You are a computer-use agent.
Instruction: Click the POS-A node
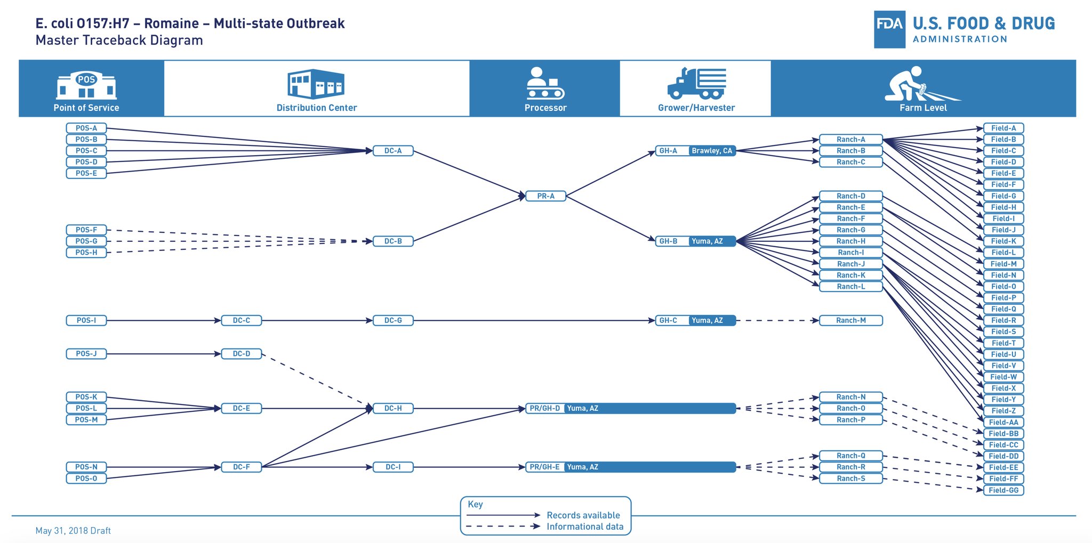click(86, 128)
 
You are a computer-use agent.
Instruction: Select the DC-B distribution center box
click(393, 241)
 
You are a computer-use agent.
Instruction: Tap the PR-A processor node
click(545, 196)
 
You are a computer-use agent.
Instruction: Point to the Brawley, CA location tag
click(712, 151)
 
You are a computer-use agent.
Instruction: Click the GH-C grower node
click(669, 321)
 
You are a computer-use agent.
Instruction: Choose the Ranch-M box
click(850, 321)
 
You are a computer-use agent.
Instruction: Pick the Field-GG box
click(1003, 490)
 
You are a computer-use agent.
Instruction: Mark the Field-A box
click(1003, 128)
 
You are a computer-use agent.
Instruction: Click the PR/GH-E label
click(544, 467)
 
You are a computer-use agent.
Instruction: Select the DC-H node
click(393, 409)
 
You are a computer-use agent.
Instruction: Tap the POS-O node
click(86, 479)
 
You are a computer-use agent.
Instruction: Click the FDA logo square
click(889, 30)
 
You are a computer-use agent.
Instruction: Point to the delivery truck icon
click(696, 83)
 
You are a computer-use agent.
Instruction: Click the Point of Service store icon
click(86, 85)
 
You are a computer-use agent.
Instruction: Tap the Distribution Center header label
click(317, 108)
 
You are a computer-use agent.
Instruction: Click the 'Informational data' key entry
click(585, 527)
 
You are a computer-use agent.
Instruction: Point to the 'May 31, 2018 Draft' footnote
click(73, 531)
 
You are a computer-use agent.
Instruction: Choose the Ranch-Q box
click(850, 456)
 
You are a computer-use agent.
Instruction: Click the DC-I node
click(393, 467)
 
